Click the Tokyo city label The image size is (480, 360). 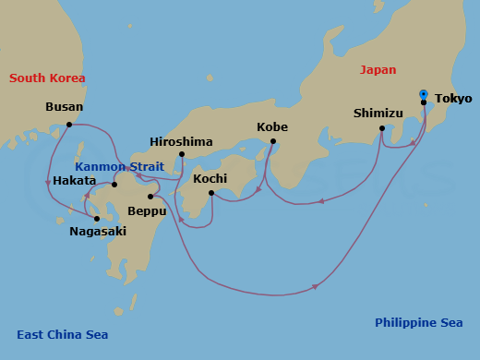452,99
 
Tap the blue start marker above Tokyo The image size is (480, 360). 423,93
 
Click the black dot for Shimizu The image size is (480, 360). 382,129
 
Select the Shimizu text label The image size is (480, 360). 379,114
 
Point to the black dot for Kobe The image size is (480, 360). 272,141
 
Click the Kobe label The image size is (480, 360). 272,126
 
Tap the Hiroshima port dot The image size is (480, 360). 182,154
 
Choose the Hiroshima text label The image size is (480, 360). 181,142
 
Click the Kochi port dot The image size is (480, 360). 211,193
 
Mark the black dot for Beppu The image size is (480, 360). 150,197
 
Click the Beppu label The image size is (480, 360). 148,211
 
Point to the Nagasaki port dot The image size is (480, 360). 96,219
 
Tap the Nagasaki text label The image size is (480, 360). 98,232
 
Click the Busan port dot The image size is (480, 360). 69,124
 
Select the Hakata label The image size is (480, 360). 74,181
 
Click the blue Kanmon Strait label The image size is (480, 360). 126,167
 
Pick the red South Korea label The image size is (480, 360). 47,78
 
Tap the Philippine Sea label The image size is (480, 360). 418,323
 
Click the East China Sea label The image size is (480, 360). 61,335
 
